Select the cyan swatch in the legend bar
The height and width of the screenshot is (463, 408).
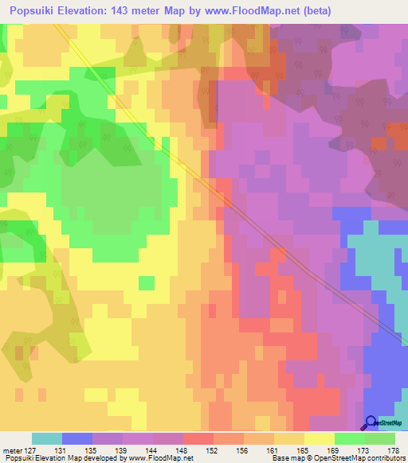pyautogui.click(x=46, y=438)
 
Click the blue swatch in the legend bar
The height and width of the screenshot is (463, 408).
pyautogui.click(x=76, y=438)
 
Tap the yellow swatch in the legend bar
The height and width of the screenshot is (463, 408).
pyautogui.click(x=319, y=438)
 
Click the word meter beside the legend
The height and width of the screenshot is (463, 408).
pyautogui.click(x=13, y=450)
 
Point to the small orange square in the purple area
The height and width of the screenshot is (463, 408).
pyautogui.click(x=379, y=143)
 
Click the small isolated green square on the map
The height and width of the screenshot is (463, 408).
pyautogui.click(x=146, y=282)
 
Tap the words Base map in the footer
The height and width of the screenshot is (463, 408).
pyautogui.click(x=284, y=458)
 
